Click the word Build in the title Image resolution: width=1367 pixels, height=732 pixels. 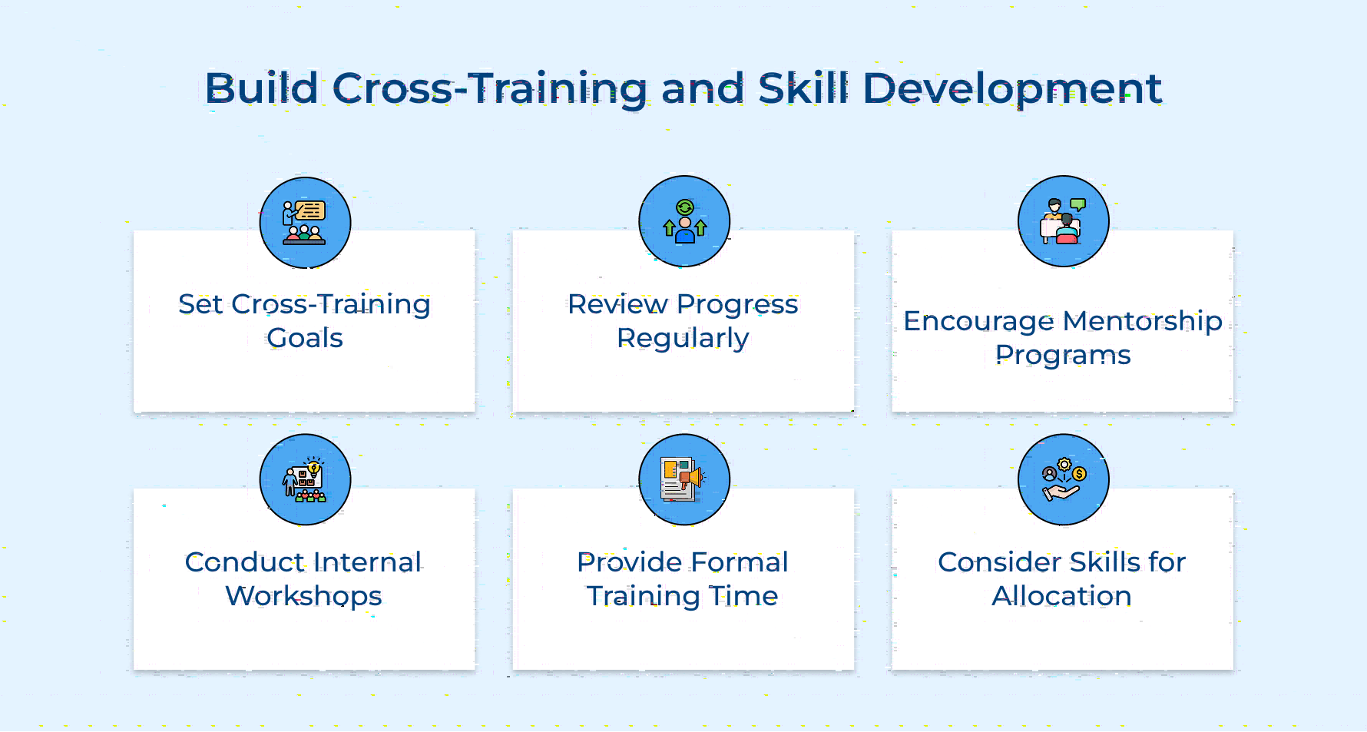click(262, 88)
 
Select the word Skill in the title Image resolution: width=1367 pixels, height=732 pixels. click(804, 88)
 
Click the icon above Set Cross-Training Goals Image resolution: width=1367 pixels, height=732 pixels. click(305, 223)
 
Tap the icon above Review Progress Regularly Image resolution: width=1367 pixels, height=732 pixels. click(684, 221)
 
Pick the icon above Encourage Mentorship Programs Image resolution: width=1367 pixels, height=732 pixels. click(1064, 221)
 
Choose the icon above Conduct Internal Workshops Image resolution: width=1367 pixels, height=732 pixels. click(305, 480)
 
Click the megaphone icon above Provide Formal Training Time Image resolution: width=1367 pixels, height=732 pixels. click(684, 480)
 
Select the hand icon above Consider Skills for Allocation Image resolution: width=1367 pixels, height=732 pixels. click(1064, 480)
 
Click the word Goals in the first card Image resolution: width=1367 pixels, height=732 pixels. click(305, 338)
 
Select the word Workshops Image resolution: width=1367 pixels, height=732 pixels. click(303, 597)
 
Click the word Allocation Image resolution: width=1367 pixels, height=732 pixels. click(1061, 596)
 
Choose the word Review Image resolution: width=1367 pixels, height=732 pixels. click(617, 305)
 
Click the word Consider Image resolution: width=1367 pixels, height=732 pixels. click(999, 562)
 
